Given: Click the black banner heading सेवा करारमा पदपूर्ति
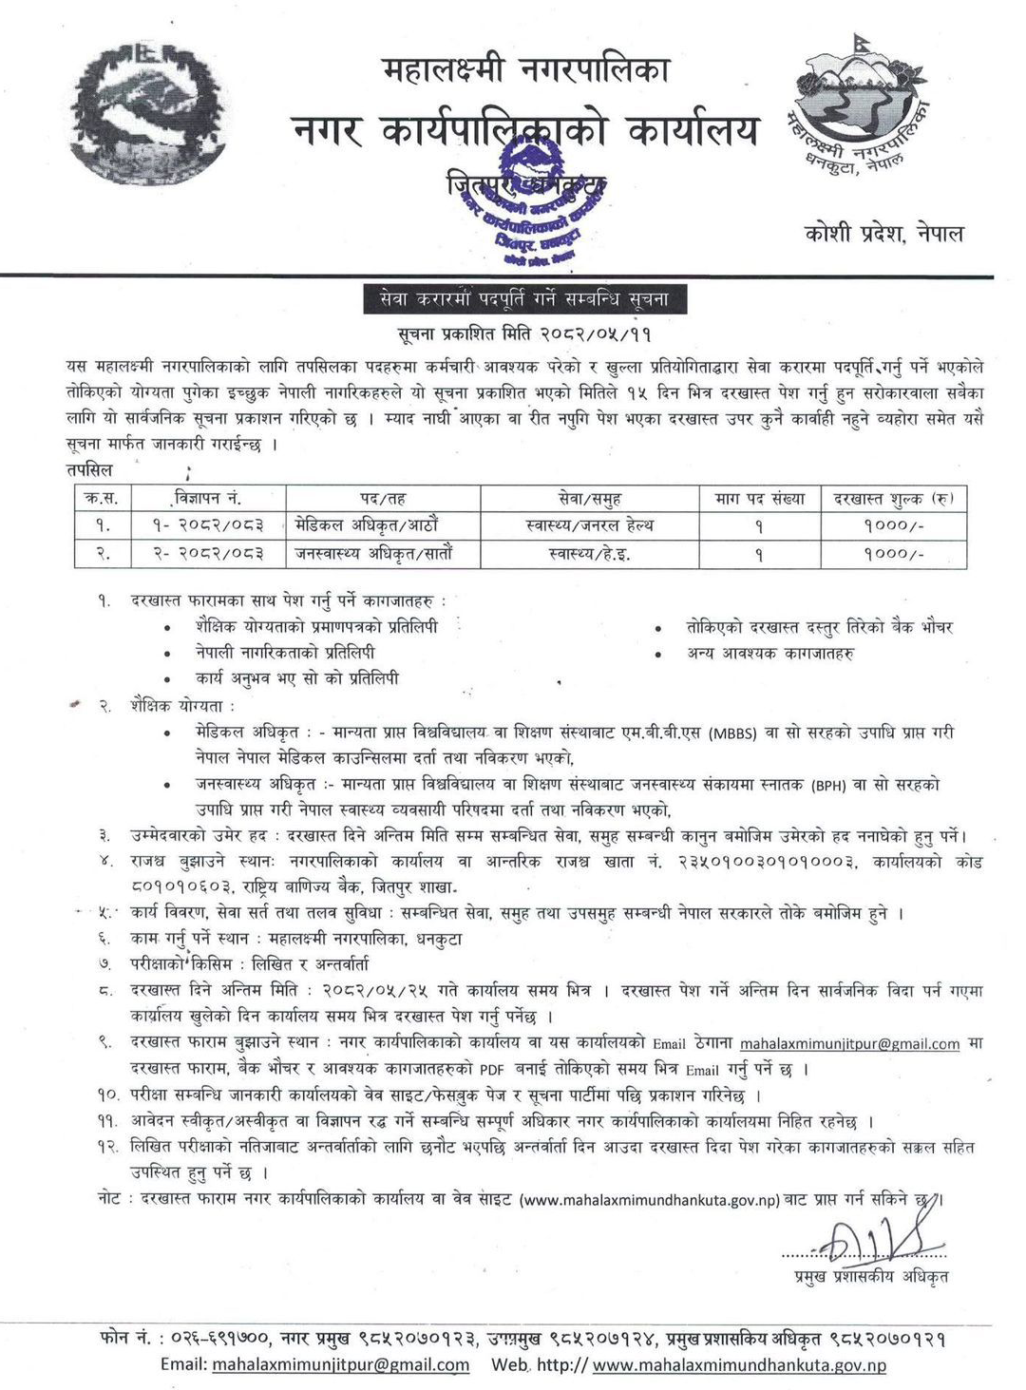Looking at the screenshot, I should point(524,299).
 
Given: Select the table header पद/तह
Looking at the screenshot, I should point(383,497).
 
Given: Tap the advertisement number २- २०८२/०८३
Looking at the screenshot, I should point(206,552).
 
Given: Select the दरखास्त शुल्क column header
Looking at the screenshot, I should point(894,497).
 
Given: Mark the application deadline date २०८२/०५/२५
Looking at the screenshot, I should point(377,990).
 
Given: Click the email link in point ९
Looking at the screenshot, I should point(849,1043).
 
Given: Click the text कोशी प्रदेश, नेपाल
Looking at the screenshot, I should point(880,233).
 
